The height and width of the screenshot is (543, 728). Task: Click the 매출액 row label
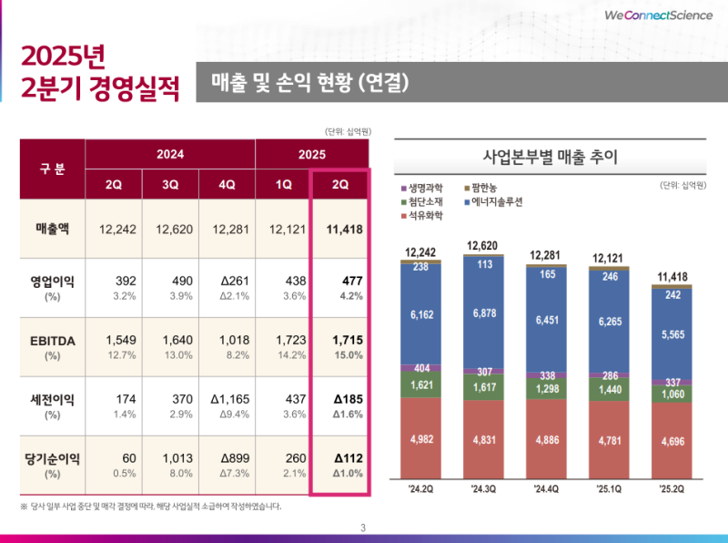51,229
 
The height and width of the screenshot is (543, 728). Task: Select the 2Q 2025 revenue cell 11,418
340,229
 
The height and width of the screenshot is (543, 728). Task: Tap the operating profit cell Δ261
227,282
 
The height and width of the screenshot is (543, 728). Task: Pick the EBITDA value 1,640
170,340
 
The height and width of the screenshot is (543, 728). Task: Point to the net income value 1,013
170,458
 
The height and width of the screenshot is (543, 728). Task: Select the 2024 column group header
170,154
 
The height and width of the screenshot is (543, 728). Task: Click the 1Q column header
283,183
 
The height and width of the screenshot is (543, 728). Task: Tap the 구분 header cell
52,169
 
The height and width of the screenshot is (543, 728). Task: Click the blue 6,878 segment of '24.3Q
485,313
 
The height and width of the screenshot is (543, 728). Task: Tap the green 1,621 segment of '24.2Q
421,385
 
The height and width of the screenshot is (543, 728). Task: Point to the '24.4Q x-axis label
547,489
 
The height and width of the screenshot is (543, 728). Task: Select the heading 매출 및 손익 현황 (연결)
309,83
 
